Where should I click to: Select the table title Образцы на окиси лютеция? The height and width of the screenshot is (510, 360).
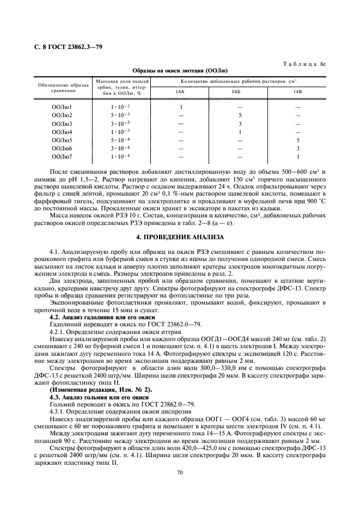(x=180, y=71)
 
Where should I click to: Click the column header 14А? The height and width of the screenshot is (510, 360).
(x=180, y=92)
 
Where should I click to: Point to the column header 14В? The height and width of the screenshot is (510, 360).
(x=298, y=92)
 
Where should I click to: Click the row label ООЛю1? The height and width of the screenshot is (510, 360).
(x=62, y=107)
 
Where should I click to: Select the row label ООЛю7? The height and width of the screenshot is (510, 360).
(x=62, y=156)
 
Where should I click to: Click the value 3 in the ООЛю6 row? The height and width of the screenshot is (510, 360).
(x=298, y=148)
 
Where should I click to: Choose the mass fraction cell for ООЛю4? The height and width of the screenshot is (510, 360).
(x=120, y=132)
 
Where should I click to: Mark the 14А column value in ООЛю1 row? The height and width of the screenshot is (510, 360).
(x=180, y=107)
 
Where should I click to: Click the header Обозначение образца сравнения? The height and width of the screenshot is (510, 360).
(x=63, y=86)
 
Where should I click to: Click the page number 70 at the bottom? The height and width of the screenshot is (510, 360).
(x=180, y=472)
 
